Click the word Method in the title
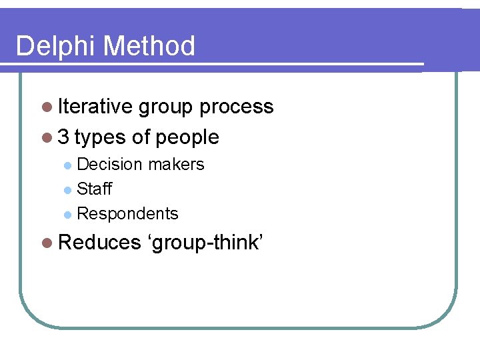[150, 47]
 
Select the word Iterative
[95, 107]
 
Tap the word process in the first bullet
[237, 107]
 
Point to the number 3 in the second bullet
[63, 137]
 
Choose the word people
[186, 137]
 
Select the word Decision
[109, 165]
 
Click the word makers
[176, 165]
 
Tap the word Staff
[94, 189]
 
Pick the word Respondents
[127, 214]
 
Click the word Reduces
[99, 243]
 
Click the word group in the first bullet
[167, 107]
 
